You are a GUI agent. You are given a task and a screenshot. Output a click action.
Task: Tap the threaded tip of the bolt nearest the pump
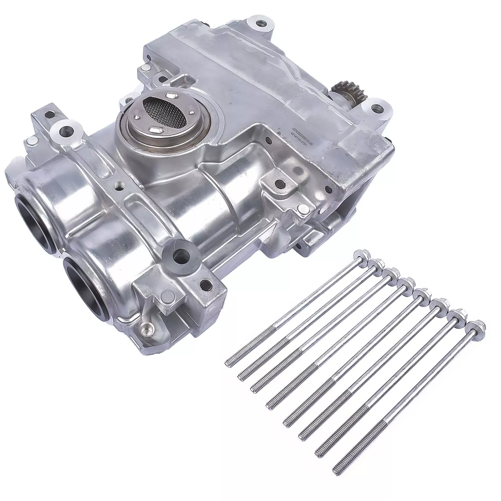(x=229, y=363)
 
